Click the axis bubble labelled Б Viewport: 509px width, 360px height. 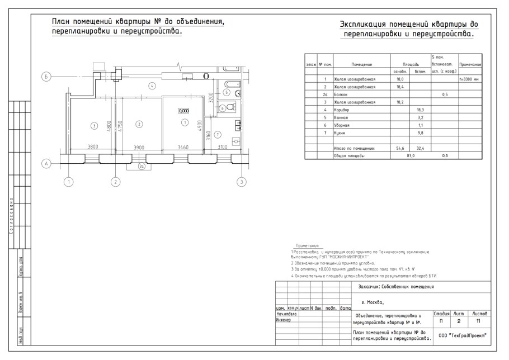[47, 77]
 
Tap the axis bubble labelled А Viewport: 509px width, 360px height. [47, 163]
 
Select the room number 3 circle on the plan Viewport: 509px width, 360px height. [95, 125]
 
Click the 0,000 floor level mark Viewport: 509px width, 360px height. [183, 111]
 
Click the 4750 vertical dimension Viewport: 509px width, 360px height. [120, 125]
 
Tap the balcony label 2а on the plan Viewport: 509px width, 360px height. [142, 166]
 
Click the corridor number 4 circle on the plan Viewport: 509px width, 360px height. [152, 86]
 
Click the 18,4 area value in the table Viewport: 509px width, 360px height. [400, 87]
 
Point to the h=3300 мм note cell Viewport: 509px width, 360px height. [470, 79]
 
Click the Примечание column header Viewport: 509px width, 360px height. [470, 64]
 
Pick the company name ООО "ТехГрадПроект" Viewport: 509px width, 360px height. [463, 335]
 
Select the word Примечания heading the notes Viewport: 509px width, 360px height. [307, 245]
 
